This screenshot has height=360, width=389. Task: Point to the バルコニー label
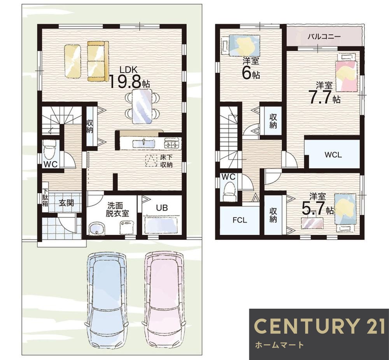pyautogui.click(x=324, y=37)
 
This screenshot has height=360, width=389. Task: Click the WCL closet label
pyautogui.click(x=333, y=155)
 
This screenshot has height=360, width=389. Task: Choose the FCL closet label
pyautogui.click(x=240, y=220)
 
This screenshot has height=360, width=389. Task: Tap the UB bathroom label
pyautogui.click(x=162, y=208)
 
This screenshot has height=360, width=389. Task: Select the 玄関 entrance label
pyautogui.click(x=66, y=203)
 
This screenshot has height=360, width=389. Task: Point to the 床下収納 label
pyautogui.click(x=166, y=161)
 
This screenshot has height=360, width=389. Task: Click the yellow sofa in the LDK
pyautogui.click(x=98, y=61)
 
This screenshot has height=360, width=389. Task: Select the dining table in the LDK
pyautogui.click(x=142, y=107)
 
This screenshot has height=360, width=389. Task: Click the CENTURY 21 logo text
pyautogui.click(x=319, y=326)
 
